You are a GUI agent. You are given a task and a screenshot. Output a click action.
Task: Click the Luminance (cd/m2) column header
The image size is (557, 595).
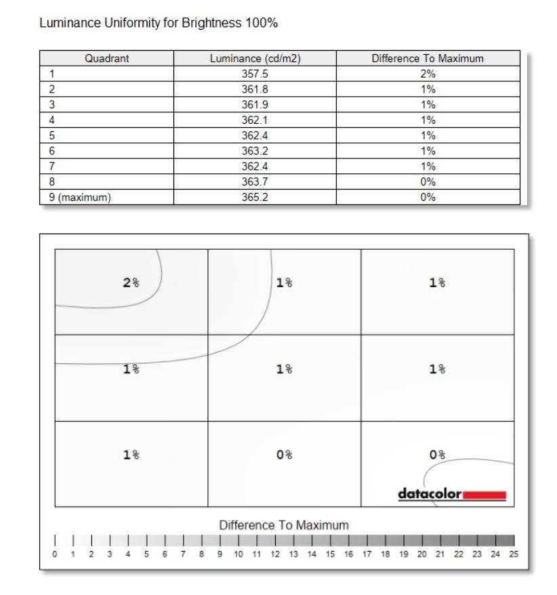click(x=255, y=58)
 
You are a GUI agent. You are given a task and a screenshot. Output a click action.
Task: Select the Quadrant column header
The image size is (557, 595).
click(x=106, y=58)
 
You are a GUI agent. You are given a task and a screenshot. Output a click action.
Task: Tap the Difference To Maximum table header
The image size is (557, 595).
click(x=428, y=58)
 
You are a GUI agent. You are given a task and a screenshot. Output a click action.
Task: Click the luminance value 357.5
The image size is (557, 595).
click(x=255, y=74)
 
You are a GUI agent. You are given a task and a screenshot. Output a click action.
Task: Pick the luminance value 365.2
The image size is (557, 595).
click(x=255, y=198)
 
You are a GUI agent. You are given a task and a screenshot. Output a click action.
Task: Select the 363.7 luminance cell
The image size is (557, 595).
click(x=255, y=182)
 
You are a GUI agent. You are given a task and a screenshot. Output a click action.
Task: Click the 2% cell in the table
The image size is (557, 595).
click(x=428, y=74)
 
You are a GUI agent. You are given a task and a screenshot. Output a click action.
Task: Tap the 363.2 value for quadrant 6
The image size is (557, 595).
click(x=255, y=151)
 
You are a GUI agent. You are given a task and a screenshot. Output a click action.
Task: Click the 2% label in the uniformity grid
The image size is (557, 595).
click(x=131, y=283)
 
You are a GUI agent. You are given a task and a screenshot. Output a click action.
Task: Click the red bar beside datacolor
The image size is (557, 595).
click(x=484, y=495)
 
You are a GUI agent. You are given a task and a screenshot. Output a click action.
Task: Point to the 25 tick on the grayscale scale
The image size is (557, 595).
click(x=514, y=554)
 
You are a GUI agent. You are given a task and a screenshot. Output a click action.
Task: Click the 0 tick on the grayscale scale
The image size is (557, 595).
click(x=55, y=554)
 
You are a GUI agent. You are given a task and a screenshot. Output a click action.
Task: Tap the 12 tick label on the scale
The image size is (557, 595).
click(x=275, y=554)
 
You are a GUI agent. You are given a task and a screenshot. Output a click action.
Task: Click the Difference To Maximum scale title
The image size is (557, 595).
click(x=284, y=525)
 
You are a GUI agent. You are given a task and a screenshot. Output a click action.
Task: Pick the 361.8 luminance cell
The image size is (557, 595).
click(x=255, y=89)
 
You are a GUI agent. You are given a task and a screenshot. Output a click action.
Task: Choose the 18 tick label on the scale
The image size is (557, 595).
click(x=385, y=554)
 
